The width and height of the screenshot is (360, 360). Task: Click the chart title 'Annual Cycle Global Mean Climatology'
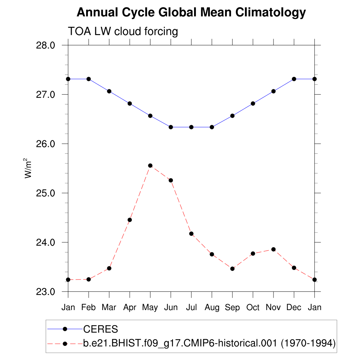click(191, 13)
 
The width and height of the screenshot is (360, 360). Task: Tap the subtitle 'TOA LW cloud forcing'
click(123, 31)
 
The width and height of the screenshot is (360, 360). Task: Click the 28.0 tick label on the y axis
click(46, 46)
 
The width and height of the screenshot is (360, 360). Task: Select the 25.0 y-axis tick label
click(46, 193)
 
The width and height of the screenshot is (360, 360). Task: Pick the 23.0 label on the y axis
click(46, 292)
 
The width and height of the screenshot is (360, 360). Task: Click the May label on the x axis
click(150, 308)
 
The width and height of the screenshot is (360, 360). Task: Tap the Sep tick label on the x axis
click(232, 308)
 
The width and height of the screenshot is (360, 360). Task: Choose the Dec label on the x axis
click(294, 308)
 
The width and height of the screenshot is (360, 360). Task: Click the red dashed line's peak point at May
click(150, 166)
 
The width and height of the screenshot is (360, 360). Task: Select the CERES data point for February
click(89, 79)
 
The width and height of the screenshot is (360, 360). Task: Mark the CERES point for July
click(191, 127)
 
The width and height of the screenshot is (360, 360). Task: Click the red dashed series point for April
click(130, 220)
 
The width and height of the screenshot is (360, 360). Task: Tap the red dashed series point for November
click(274, 249)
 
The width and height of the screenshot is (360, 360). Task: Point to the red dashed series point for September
click(232, 269)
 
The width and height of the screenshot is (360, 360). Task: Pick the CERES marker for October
click(253, 103)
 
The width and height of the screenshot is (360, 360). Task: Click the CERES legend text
click(101, 329)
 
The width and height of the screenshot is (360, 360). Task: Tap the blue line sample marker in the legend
click(65, 329)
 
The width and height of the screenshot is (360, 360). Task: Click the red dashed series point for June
click(171, 180)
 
